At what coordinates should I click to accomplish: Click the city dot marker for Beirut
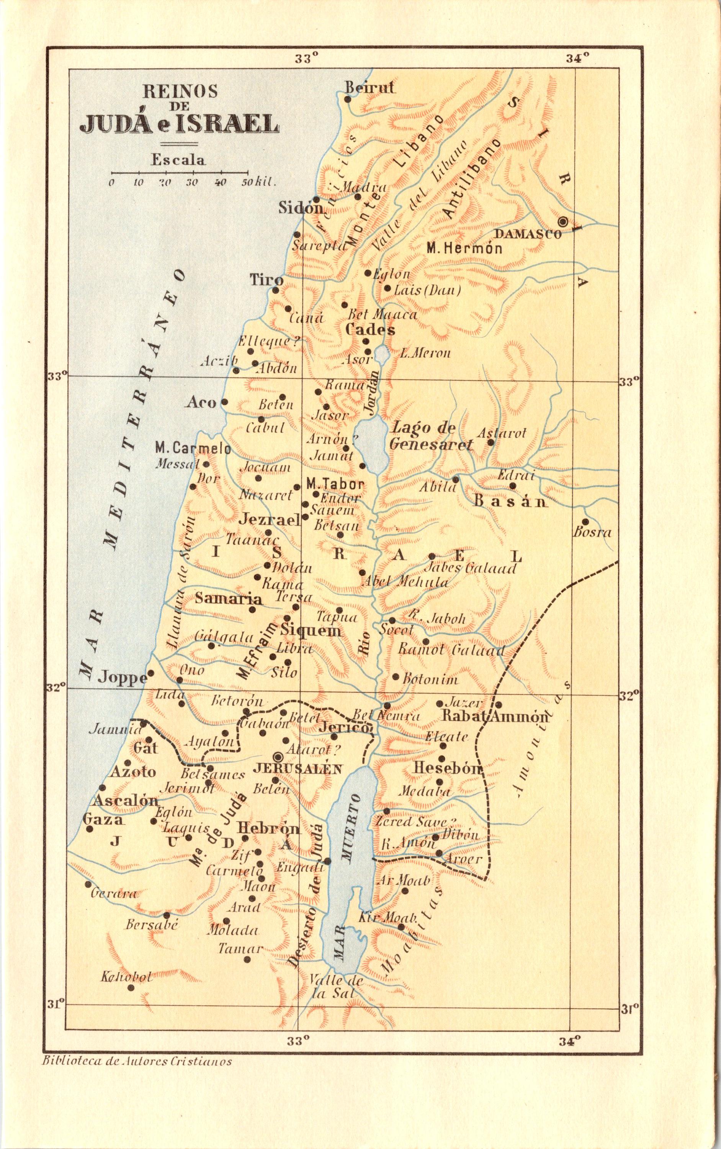pos(348,99)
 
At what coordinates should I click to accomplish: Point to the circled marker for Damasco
pos(563,221)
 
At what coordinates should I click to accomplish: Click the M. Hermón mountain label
pos(464,249)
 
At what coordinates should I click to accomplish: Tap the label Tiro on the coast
pos(267,280)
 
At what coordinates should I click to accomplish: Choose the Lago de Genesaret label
pos(431,436)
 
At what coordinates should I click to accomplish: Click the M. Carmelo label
pos(193,449)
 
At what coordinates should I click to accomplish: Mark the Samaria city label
pos(229,599)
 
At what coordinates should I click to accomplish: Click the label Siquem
pos(311,630)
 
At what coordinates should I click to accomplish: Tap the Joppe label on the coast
pos(122,678)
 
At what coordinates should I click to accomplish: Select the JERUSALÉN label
pos(298,768)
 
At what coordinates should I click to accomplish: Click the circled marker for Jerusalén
pos(278,757)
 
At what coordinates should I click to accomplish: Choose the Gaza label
pos(103,819)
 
